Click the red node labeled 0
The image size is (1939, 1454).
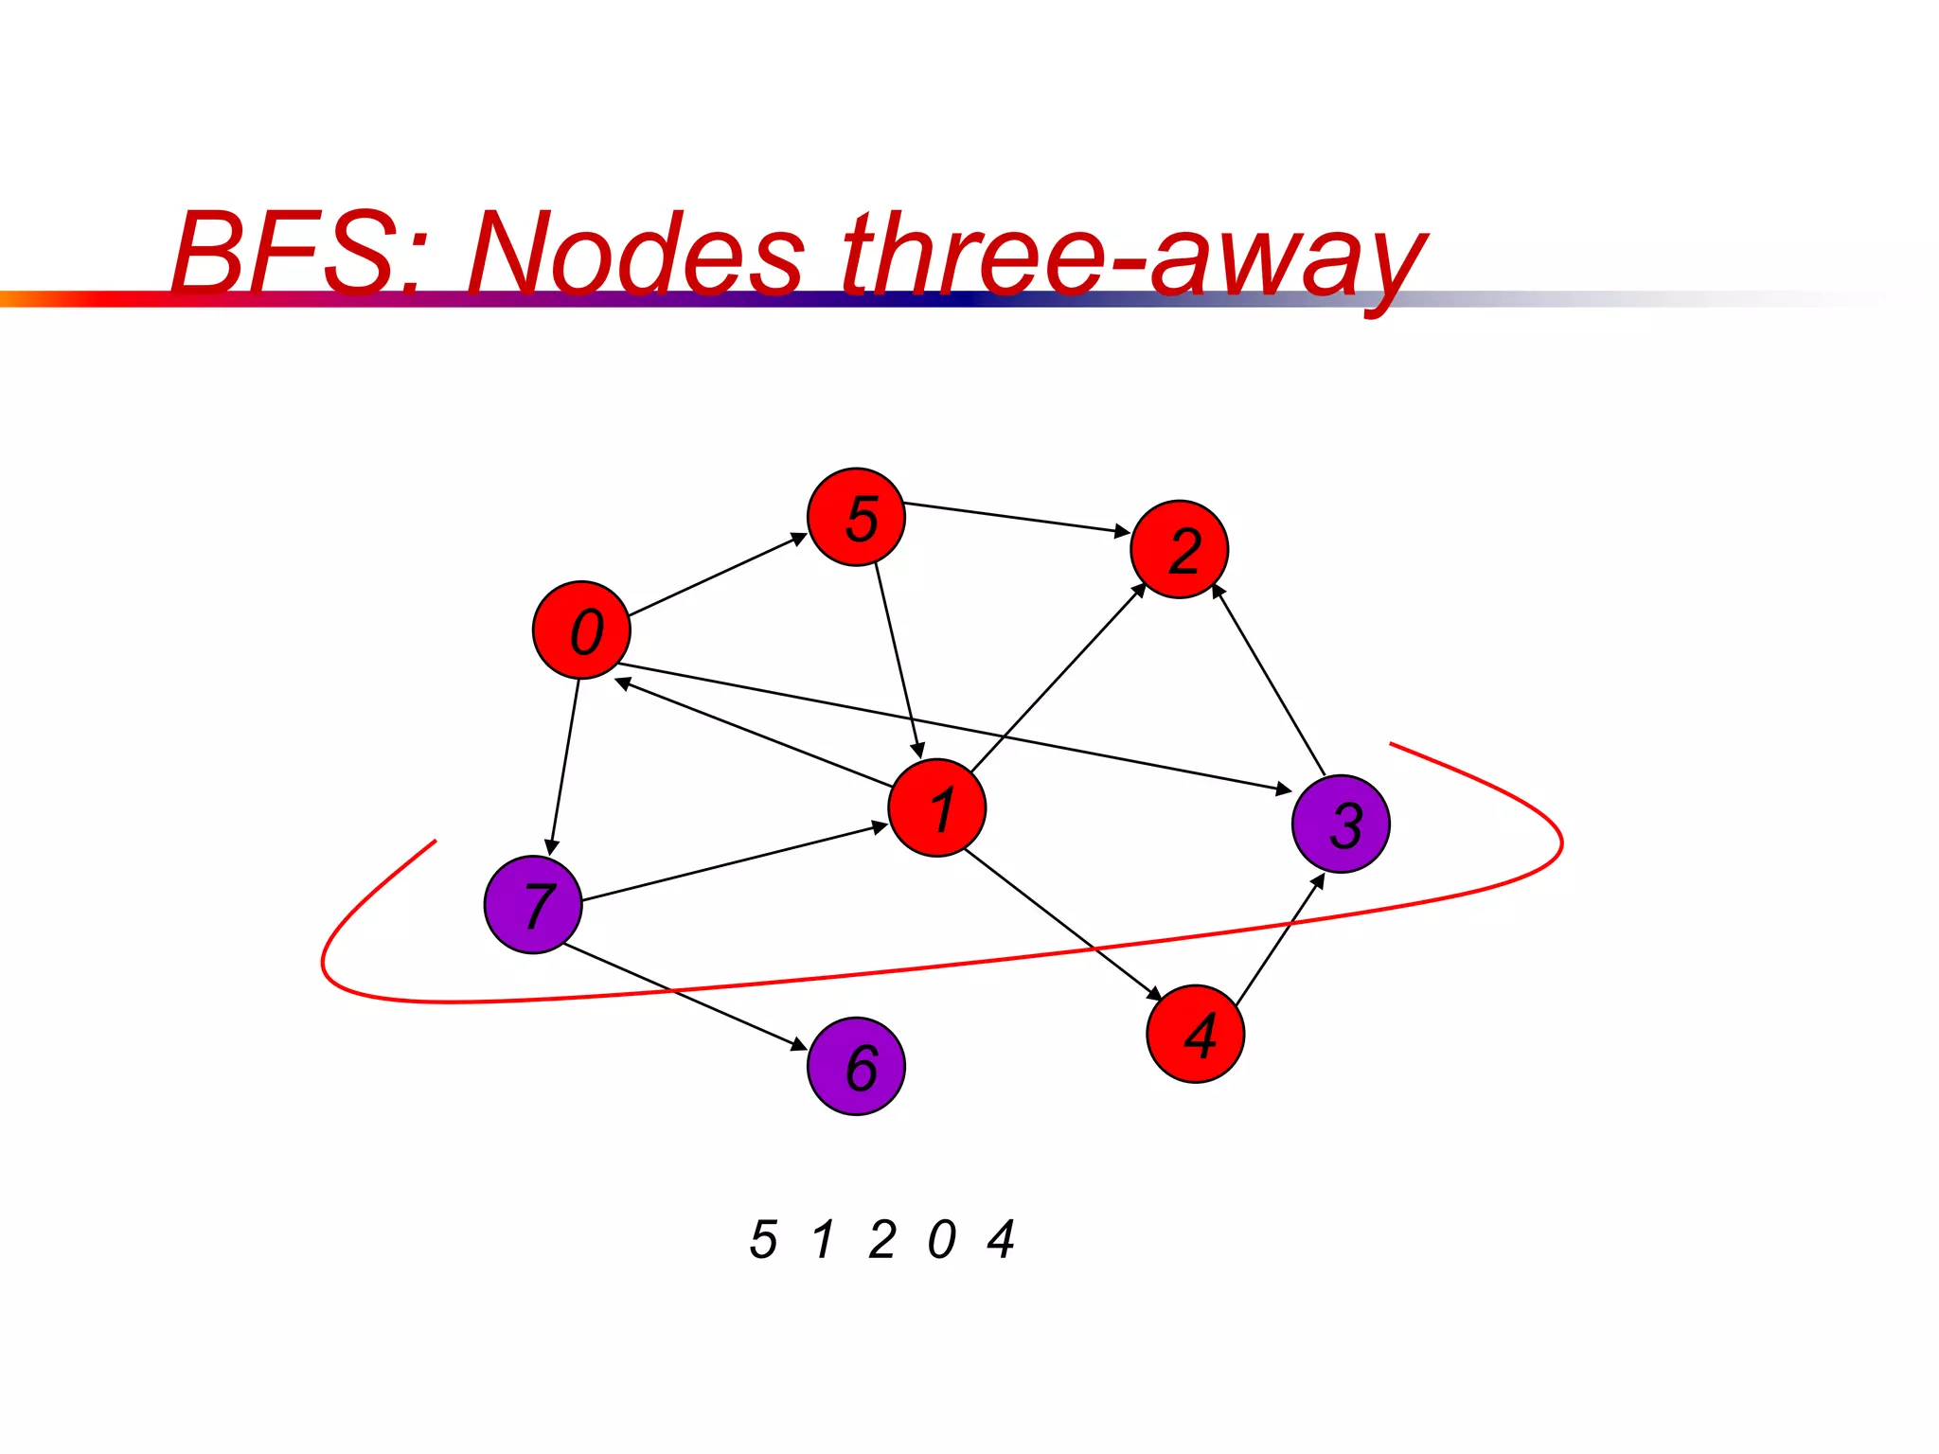click(x=581, y=629)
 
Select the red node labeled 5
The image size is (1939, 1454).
click(x=856, y=517)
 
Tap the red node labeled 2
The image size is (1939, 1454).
click(x=1179, y=549)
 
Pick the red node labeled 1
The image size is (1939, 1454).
click(x=936, y=807)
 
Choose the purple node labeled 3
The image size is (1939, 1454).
click(x=1341, y=824)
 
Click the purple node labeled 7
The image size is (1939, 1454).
click(x=533, y=904)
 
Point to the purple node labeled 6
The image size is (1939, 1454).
click(x=856, y=1066)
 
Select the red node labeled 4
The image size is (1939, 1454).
click(x=1195, y=1033)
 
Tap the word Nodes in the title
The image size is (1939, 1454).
click(x=634, y=254)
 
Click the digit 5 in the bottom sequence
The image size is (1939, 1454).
click(x=763, y=1239)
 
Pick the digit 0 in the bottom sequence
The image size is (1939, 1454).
click(x=941, y=1239)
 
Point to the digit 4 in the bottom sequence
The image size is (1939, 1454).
click(x=1001, y=1239)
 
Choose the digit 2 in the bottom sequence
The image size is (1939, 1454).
click(x=882, y=1239)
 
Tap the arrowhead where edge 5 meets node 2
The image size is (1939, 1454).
click(x=1122, y=532)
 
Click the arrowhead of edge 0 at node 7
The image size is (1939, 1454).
click(x=551, y=846)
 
